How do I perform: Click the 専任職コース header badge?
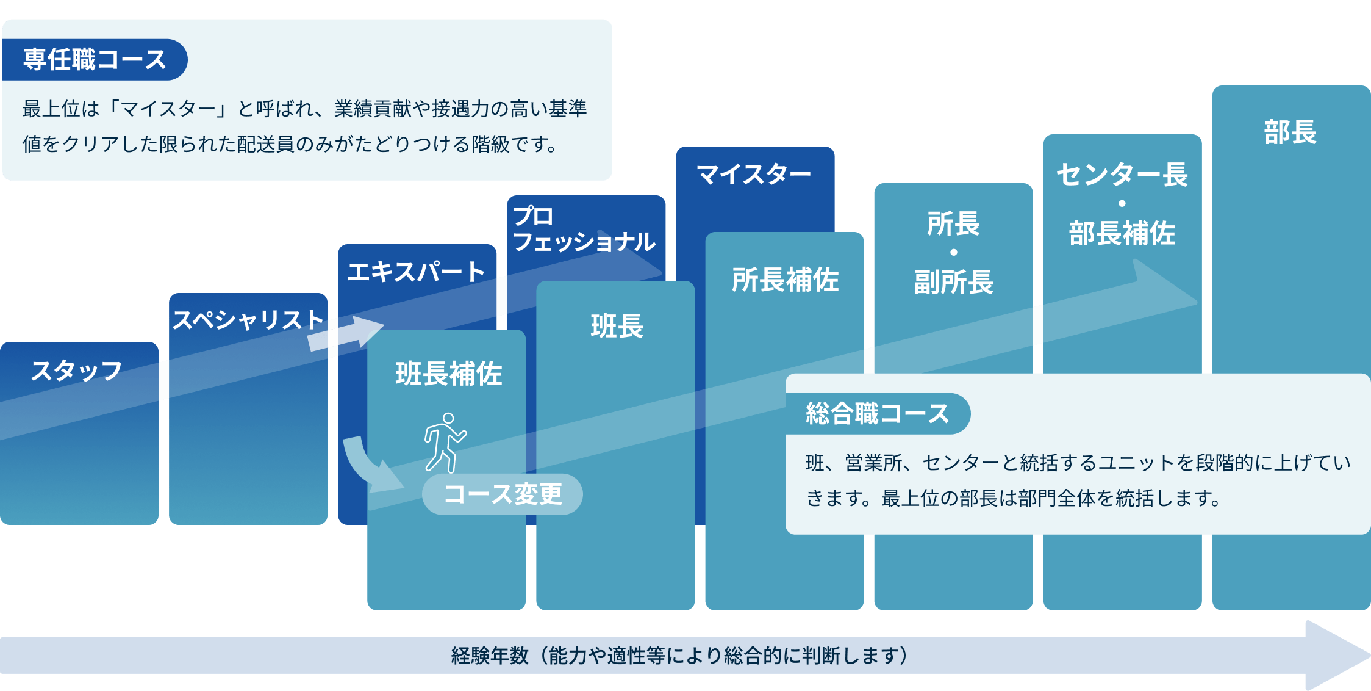(95, 60)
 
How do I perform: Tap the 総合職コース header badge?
(877, 414)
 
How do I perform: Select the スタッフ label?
(77, 371)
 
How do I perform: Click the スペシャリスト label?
(248, 320)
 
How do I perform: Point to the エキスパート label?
(416, 272)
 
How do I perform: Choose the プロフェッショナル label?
(584, 230)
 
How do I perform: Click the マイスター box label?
(754, 175)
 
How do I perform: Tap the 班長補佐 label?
(448, 374)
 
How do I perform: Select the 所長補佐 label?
(785, 280)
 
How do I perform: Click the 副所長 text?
(953, 282)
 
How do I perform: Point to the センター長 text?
(1122, 175)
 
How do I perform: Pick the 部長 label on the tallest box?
(1290, 132)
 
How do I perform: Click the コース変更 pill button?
(502, 494)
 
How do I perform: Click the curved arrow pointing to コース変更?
(366, 467)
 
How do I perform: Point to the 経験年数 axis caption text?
(679, 656)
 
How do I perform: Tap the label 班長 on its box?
(617, 326)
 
